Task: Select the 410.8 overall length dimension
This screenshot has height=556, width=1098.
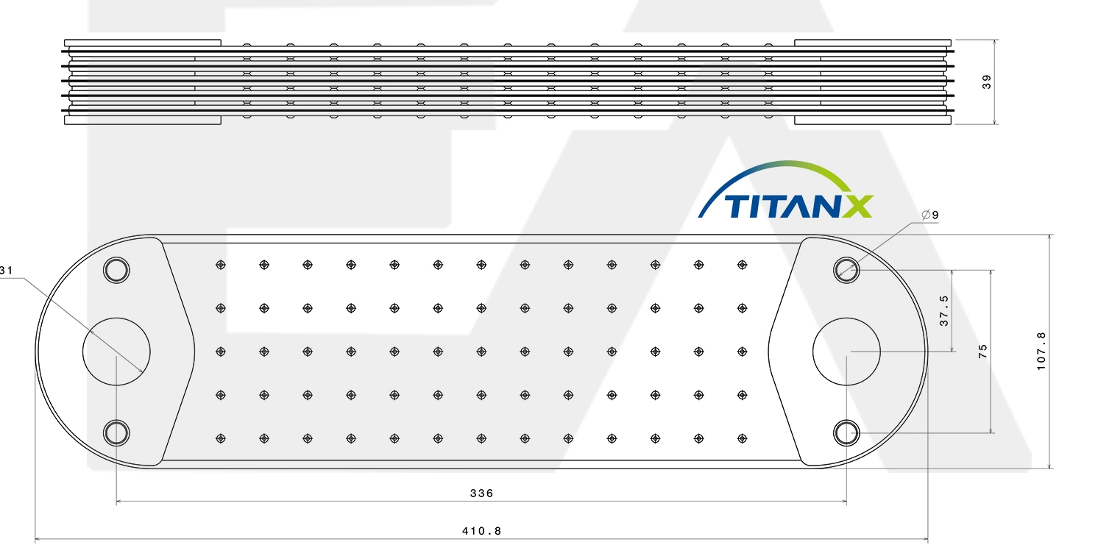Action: pos(482,531)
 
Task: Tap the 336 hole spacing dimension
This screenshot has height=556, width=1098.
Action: pos(482,493)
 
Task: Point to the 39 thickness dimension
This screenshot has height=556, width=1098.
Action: pos(987,82)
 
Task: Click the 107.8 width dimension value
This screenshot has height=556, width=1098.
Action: pos(1041,352)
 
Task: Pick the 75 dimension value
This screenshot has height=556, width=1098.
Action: pos(982,352)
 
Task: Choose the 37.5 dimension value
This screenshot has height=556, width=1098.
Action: pos(944,310)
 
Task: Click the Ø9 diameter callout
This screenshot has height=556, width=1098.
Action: pos(930,215)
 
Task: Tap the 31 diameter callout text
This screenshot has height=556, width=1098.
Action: pos(7,270)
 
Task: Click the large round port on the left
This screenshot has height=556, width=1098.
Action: pos(116,352)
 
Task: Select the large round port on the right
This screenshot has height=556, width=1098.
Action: pos(846,352)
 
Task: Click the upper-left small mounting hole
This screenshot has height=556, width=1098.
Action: pos(116,270)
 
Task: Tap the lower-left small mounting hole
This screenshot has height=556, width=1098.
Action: pos(116,433)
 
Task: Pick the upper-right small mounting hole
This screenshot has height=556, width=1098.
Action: pos(846,270)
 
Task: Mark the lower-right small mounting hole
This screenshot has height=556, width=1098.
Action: pos(846,433)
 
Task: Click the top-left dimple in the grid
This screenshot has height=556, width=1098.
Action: pos(221,265)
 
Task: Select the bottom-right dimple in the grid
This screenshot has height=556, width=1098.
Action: pos(742,438)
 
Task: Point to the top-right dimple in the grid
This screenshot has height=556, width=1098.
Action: pos(742,265)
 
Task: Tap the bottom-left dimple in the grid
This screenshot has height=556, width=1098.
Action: pos(221,438)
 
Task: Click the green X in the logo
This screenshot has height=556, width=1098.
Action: pos(857,206)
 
